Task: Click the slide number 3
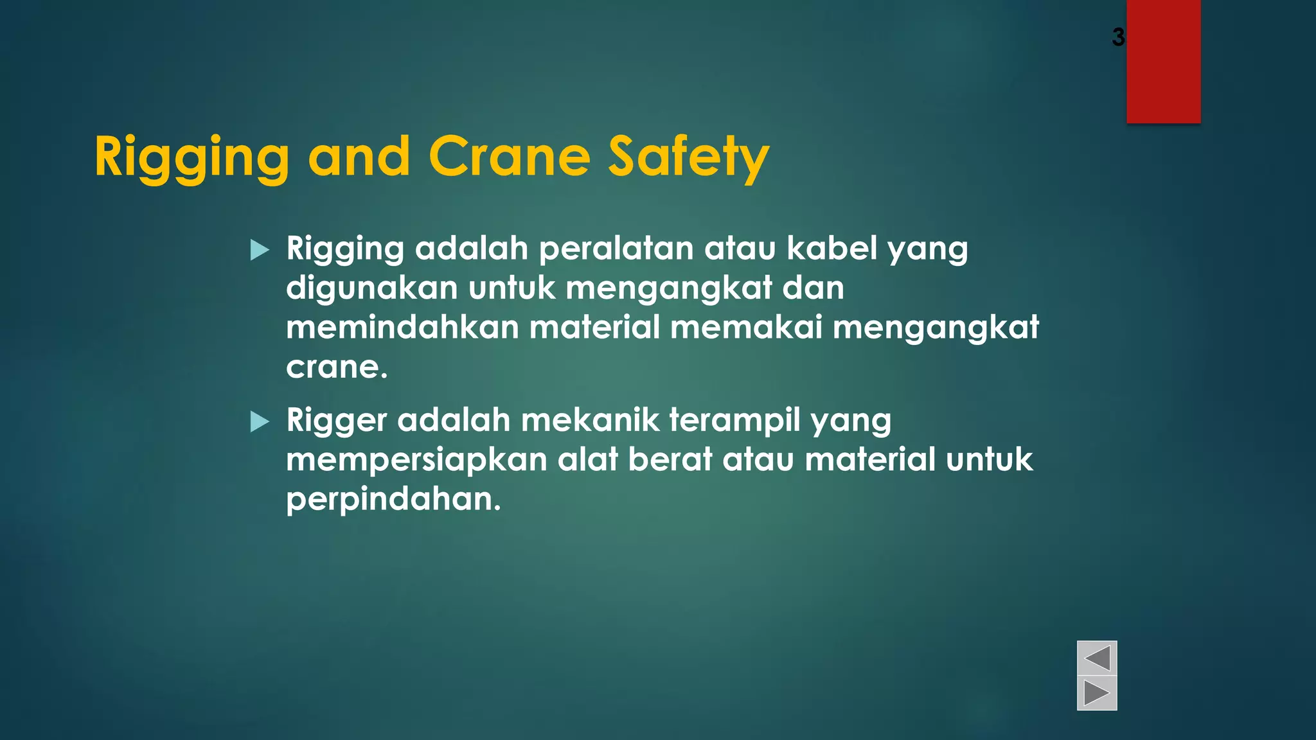pyautogui.click(x=1118, y=37)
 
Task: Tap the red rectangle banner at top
pyautogui.click(x=1163, y=61)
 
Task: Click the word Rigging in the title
pyautogui.click(x=191, y=157)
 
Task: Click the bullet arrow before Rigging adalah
pyautogui.click(x=260, y=250)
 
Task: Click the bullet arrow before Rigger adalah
pyautogui.click(x=260, y=421)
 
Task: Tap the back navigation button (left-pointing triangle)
pyautogui.click(x=1097, y=658)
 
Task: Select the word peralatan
pyautogui.click(x=616, y=249)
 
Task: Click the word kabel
pyautogui.click(x=832, y=249)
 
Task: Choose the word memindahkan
pyautogui.click(x=402, y=327)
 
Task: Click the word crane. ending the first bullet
pyautogui.click(x=337, y=367)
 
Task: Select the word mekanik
pyautogui.click(x=590, y=420)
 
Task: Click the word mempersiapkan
pyautogui.click(x=416, y=461)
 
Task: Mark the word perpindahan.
pyautogui.click(x=393, y=500)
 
